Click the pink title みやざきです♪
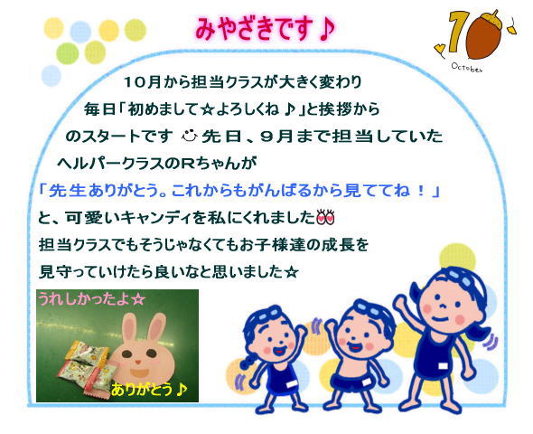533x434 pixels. (266, 30)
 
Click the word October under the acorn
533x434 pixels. (467, 67)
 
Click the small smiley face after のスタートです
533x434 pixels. (190, 136)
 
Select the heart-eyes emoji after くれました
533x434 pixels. (325, 217)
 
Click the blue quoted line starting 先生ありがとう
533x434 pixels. (239, 191)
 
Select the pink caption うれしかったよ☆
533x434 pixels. (91, 299)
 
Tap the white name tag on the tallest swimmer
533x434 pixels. (443, 366)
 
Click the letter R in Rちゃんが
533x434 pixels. (187, 164)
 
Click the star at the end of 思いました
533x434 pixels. (291, 272)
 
